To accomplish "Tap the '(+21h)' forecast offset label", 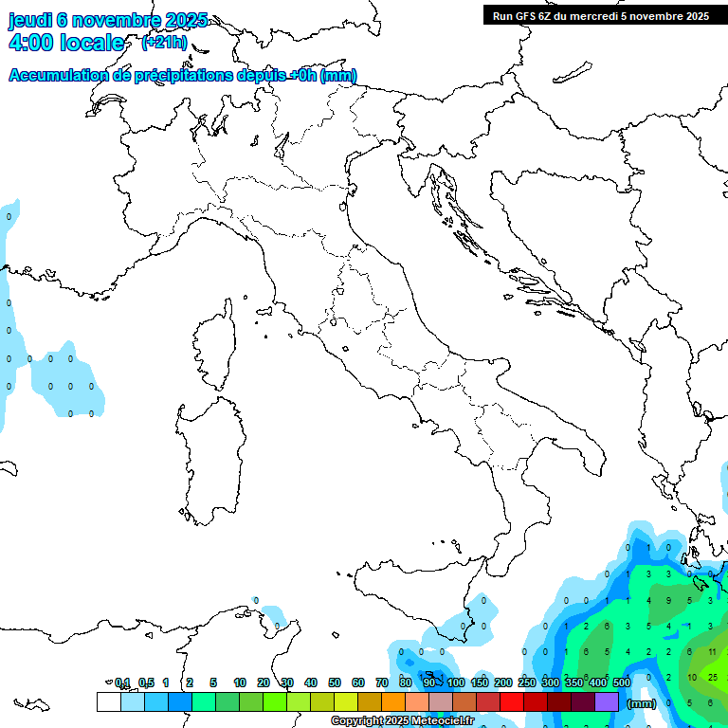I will tap(164, 43).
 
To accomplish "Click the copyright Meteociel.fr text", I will tap(402, 720).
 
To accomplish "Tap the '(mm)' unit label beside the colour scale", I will tap(642, 703).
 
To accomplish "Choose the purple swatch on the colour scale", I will tap(607, 701).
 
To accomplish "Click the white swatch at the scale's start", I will tap(109, 701).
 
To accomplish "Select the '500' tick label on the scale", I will tap(622, 682).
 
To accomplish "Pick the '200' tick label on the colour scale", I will tap(503, 682).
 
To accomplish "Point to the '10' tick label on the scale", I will tap(240, 682).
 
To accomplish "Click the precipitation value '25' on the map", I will tap(712, 677).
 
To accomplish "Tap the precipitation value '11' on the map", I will tap(712, 652).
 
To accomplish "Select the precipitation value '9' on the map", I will tap(667, 600).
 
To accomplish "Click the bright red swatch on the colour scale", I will tap(512, 701).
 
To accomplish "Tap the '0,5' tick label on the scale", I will tap(146, 682).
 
